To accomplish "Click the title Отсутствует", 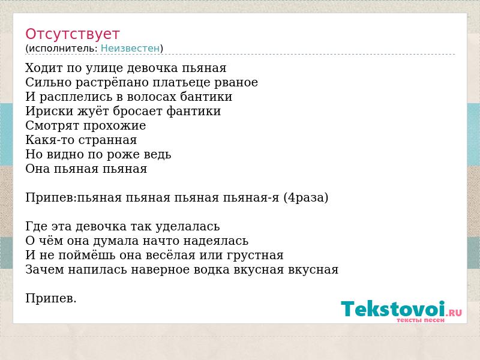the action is [72, 34].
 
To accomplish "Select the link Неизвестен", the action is [130, 48].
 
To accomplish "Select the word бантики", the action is [206, 97].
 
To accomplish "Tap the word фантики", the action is [193, 111].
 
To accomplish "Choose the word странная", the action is [107, 140].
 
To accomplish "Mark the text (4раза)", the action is [306, 198].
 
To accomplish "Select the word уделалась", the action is [188, 227].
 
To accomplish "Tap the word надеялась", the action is [216, 241].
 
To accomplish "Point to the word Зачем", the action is [44, 270].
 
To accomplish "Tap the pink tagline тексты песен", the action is [421, 320].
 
